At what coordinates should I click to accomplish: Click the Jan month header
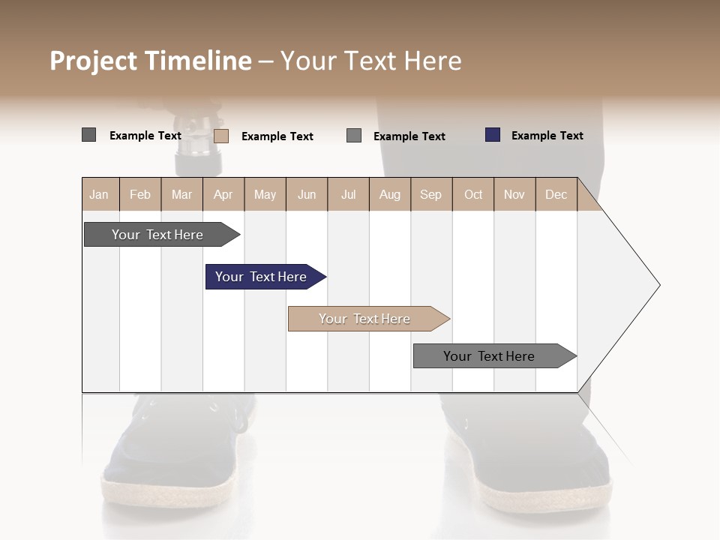click(x=100, y=194)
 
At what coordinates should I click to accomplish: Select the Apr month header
click(x=223, y=194)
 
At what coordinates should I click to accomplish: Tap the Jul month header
click(x=348, y=194)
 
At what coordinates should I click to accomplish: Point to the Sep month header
click(x=430, y=194)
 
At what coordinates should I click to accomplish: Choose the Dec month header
click(x=556, y=194)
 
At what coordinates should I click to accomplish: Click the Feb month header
click(x=140, y=194)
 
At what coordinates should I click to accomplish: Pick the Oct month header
click(x=473, y=194)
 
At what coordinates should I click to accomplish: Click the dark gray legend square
click(x=88, y=135)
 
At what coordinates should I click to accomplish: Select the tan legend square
click(x=220, y=136)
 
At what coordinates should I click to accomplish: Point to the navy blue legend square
click(x=492, y=135)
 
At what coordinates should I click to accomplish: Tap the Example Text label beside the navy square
click(x=547, y=136)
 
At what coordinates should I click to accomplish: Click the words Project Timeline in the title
click(x=151, y=61)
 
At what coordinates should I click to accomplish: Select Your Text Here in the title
click(x=370, y=61)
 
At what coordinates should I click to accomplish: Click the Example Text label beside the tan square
click(x=277, y=136)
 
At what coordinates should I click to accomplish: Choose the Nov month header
click(x=514, y=194)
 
